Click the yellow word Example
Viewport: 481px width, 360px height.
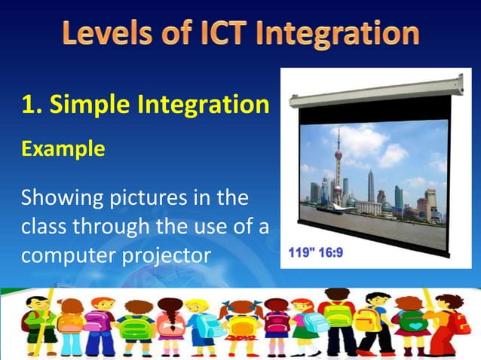63,149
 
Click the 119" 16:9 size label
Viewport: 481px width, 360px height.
316,251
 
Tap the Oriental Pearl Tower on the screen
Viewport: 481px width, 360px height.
339,169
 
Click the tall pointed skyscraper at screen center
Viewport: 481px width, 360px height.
370,185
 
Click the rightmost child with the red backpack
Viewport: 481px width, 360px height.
452,324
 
